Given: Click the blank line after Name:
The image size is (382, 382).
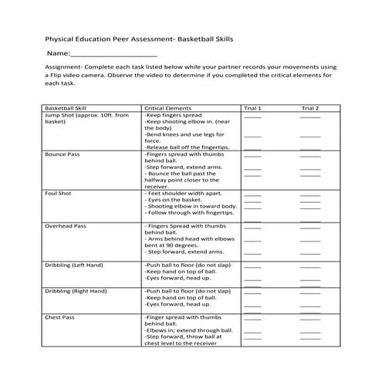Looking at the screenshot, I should [x=113, y=54].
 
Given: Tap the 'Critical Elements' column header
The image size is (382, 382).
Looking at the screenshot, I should [x=167, y=108].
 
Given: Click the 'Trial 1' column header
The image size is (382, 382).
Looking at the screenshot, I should [x=252, y=108].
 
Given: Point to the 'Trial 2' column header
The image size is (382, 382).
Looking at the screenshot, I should [x=309, y=108].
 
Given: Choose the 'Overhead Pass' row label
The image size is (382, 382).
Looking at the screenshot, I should [x=65, y=226].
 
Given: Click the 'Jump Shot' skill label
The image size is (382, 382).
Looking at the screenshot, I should [x=63, y=115].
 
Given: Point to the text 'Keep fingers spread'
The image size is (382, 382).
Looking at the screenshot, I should [x=174, y=115].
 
